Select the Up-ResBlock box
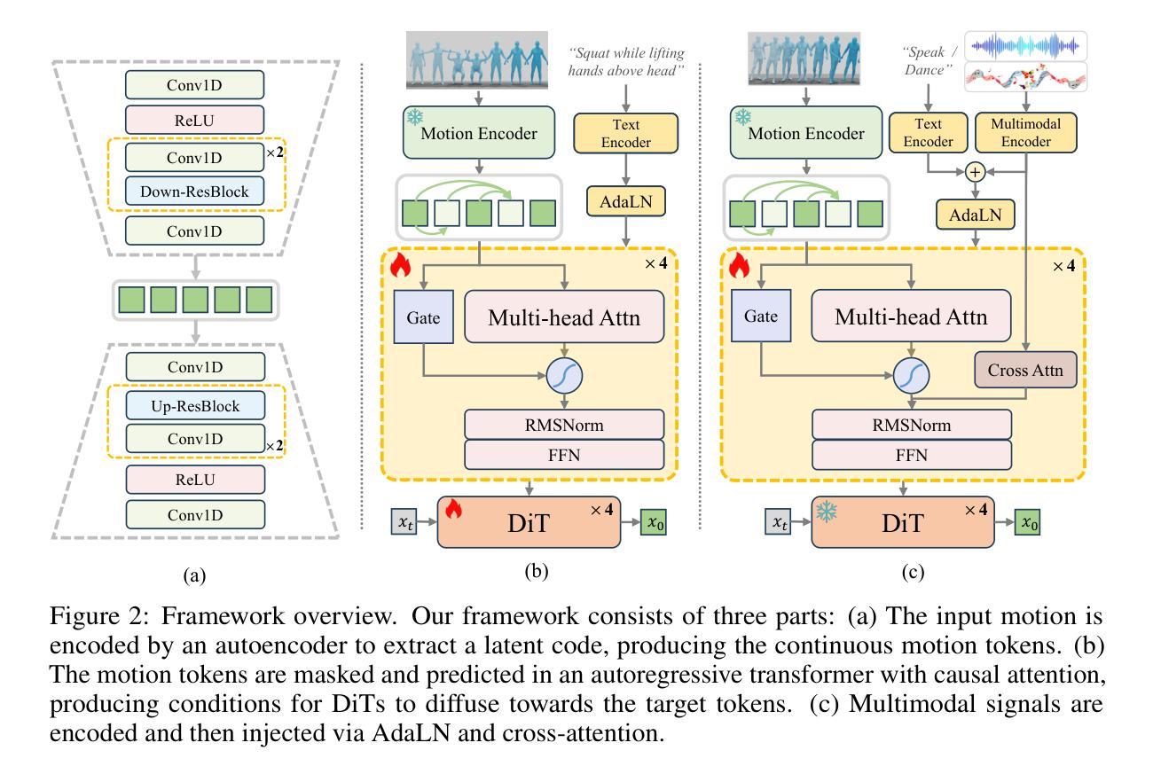pos(195,405)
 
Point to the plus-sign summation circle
pos(976,171)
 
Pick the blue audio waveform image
pos(1025,44)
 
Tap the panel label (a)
pos(194,575)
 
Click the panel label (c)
pos(913,573)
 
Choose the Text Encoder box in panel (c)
pos(927,131)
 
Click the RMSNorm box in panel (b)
pos(564,426)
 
